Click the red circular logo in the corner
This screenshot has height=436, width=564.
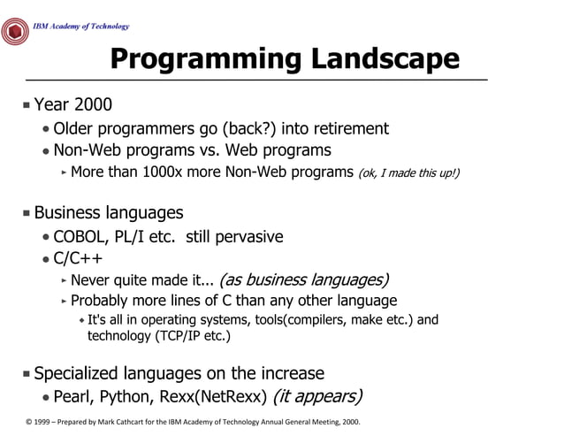tap(15, 31)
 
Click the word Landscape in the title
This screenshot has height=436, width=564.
tap(385, 59)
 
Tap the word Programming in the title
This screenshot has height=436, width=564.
tap(207, 59)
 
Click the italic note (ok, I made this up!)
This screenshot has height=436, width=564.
tap(408, 172)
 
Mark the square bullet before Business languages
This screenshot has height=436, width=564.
tap(27, 213)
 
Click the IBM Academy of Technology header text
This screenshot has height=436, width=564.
tap(80, 27)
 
